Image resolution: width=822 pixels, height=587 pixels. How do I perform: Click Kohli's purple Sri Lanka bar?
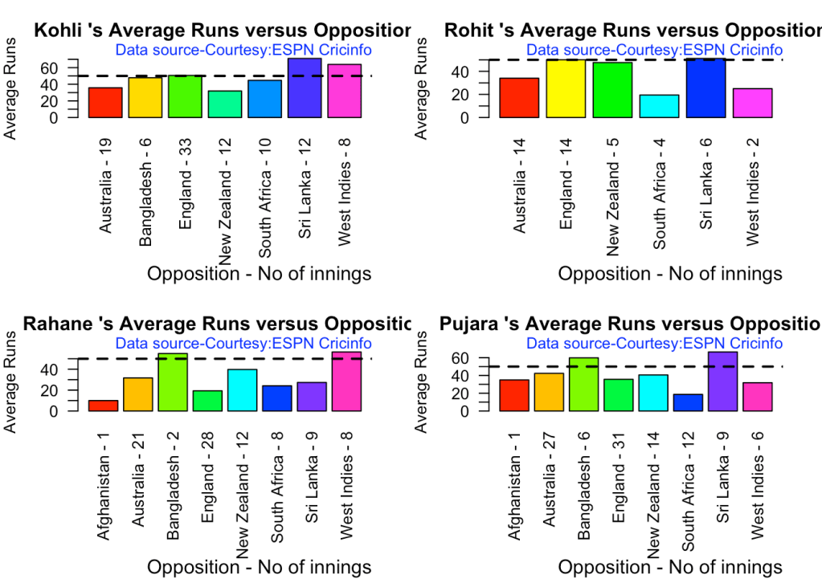point(305,88)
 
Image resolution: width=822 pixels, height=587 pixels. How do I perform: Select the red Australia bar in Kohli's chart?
point(105,103)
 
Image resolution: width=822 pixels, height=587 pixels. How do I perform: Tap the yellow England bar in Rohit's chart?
point(566,89)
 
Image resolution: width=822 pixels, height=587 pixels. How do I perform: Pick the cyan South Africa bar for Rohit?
point(659,106)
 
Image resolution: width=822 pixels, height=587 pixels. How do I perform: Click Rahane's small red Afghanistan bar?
point(103,406)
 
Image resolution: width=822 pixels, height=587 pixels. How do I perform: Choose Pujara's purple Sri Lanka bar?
point(723,382)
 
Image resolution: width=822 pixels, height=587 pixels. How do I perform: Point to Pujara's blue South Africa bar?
point(688,402)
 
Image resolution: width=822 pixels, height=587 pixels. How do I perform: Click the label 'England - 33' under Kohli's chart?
point(186,185)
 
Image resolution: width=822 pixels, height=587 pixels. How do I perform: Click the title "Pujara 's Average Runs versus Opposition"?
point(630,324)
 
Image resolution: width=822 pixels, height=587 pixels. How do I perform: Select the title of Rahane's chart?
point(217,324)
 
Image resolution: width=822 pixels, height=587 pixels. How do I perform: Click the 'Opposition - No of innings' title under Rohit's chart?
point(670,274)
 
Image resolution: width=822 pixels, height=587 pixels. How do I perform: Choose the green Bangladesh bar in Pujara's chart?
point(583,385)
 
